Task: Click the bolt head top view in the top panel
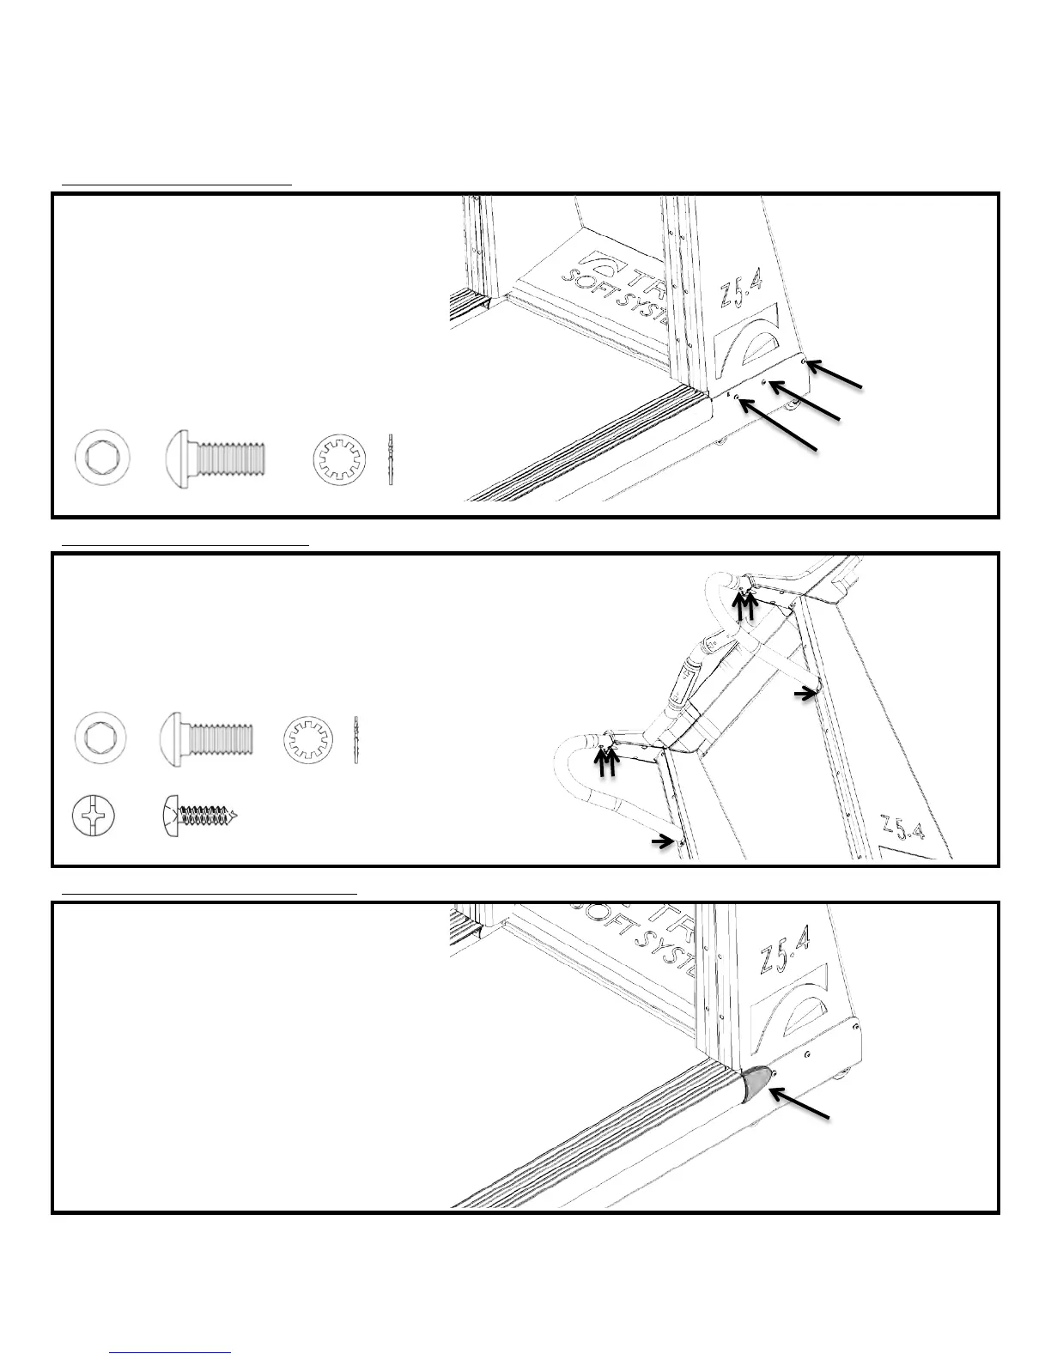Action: tap(103, 457)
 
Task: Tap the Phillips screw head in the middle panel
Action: tap(91, 816)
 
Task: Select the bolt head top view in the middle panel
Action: tap(102, 738)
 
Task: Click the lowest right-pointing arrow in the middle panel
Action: tap(662, 843)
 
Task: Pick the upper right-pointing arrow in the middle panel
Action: tap(805, 692)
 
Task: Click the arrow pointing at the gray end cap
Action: tap(799, 1103)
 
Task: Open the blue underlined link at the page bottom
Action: tap(171, 1352)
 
